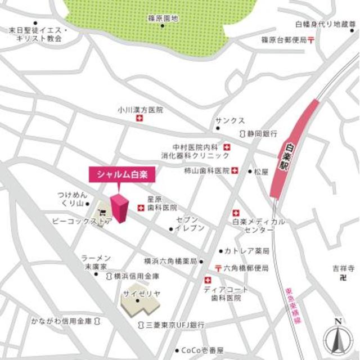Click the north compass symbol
tap(338, 337)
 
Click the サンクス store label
tap(230, 120)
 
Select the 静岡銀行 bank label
tap(262, 134)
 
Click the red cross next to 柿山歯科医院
tap(235, 170)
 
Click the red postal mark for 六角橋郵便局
tap(217, 267)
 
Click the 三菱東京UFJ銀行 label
tap(174, 325)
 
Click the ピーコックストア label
tap(82, 221)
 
